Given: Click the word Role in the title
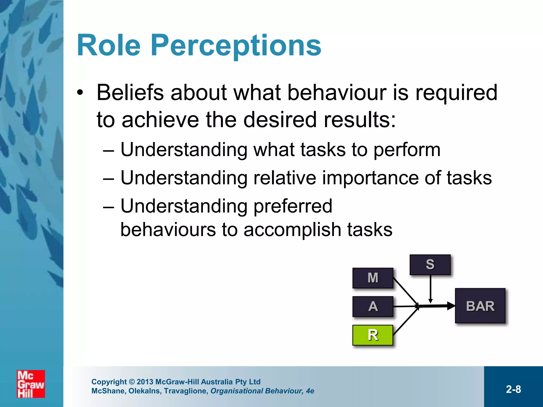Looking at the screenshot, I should [108, 46].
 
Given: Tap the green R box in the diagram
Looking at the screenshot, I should [373, 335].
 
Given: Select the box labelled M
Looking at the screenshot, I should [373, 278].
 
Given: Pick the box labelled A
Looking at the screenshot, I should [373, 307].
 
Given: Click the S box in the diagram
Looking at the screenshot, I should [430, 264].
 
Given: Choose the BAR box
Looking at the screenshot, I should [480, 306].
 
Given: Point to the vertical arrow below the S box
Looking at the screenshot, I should [431, 289].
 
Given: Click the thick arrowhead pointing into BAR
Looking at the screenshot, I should [450, 306].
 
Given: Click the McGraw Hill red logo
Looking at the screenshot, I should [31, 384].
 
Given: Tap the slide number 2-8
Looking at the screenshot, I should [513, 389].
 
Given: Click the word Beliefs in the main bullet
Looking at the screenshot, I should [130, 92].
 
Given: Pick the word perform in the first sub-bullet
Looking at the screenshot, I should [407, 150].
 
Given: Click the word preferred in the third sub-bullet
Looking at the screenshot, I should [293, 206].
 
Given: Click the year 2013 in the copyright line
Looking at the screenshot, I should [145, 382].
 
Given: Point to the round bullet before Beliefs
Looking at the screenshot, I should [80, 93].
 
